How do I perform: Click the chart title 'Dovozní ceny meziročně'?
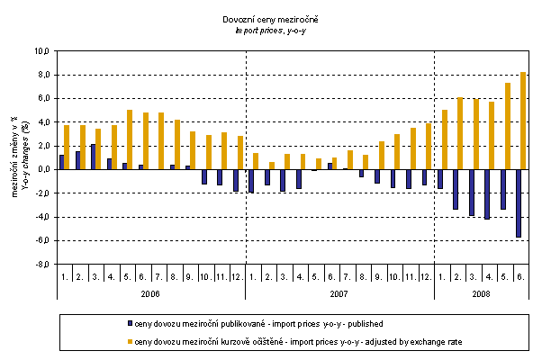click(x=271, y=19)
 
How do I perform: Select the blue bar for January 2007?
click(x=250, y=181)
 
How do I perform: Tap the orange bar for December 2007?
click(x=429, y=146)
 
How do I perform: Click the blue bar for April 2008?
click(x=486, y=193)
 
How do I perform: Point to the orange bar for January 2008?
click(x=445, y=139)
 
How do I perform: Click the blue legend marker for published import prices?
click(x=131, y=321)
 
